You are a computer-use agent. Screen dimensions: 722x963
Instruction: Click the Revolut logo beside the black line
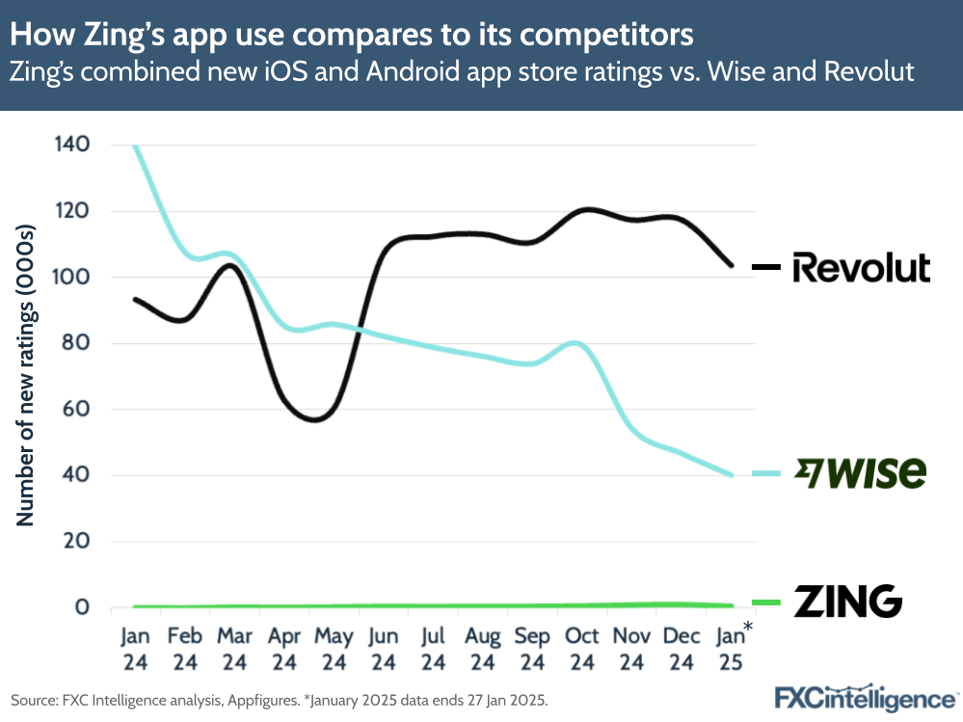(861, 267)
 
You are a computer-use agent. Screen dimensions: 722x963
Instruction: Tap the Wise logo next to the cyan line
(859, 472)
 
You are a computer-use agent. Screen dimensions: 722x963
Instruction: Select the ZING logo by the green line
(847, 602)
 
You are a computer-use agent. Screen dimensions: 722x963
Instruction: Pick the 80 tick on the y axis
(74, 343)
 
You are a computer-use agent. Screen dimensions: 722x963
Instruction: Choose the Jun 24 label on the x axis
(383, 649)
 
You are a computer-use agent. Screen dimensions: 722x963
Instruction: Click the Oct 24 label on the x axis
(581, 649)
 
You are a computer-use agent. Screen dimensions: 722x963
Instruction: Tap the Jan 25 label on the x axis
(730, 649)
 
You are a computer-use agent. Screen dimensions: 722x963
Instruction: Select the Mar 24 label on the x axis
(234, 649)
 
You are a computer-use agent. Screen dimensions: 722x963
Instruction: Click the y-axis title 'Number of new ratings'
(25, 376)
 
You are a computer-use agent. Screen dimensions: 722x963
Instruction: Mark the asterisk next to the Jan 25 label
(747, 628)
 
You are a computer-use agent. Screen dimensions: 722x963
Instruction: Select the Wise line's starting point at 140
(136, 147)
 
